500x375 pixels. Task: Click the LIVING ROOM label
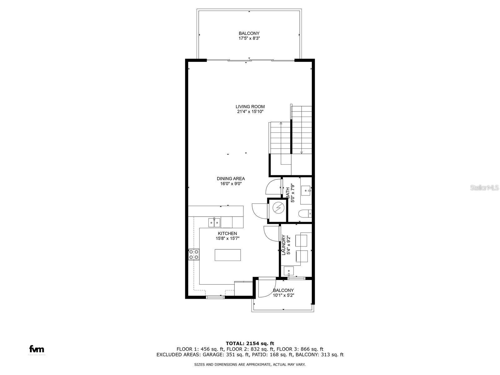pyautogui.click(x=250, y=107)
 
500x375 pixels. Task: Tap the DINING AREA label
pyautogui.click(x=231, y=179)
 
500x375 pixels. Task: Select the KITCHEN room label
pyautogui.click(x=227, y=233)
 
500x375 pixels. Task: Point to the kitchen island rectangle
pyautogui.click(x=228, y=255)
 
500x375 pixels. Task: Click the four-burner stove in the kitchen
pyautogui.click(x=194, y=254)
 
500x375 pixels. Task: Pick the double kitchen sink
pyautogui.click(x=214, y=222)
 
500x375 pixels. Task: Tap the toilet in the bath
pyautogui.click(x=305, y=213)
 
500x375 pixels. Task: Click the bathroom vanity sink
pyautogui.click(x=306, y=190)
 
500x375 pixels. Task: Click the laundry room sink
pyautogui.click(x=289, y=270)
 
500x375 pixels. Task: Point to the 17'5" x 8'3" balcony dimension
pyautogui.click(x=249, y=38)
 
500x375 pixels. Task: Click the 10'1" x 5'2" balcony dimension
pyautogui.click(x=283, y=295)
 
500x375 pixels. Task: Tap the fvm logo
pyautogui.click(x=37, y=349)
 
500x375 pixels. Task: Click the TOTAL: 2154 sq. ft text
pyautogui.click(x=250, y=343)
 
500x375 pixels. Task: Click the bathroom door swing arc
pyautogui.click(x=272, y=187)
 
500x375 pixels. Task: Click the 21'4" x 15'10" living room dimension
pyautogui.click(x=250, y=112)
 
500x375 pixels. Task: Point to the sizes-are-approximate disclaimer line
pyautogui.click(x=250, y=364)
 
